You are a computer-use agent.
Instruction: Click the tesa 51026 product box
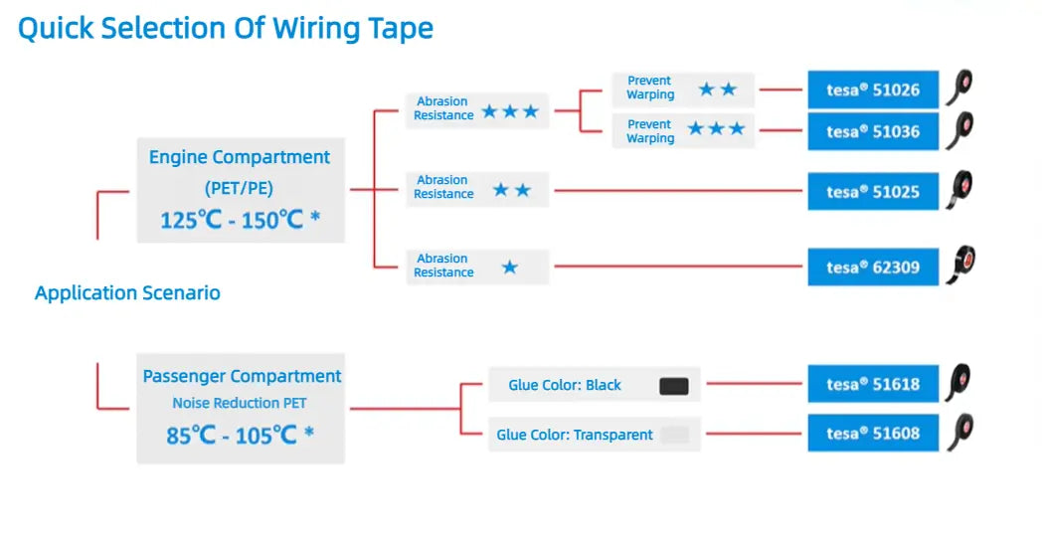[x=873, y=90]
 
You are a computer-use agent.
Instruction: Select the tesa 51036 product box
[x=873, y=131]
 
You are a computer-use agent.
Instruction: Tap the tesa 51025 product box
[x=873, y=192]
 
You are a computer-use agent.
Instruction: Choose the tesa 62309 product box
[x=873, y=268]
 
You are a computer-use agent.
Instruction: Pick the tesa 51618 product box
[x=873, y=384]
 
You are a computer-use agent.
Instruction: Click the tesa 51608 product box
[x=873, y=433]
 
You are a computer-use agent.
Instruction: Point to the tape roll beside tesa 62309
[x=960, y=265]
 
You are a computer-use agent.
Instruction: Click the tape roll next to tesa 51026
[x=959, y=88]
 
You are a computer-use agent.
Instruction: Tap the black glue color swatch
[x=674, y=386]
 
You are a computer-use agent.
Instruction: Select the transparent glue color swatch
[x=675, y=435]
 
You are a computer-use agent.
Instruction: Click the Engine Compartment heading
[x=240, y=157]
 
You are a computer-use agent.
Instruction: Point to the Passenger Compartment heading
[x=242, y=376]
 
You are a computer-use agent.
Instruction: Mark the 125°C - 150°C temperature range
[x=240, y=220]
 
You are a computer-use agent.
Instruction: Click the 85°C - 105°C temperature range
[x=240, y=436]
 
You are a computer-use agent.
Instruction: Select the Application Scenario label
[x=127, y=292]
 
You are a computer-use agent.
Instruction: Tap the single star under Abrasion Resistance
[x=510, y=268]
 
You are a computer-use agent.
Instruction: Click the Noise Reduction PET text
[x=240, y=403]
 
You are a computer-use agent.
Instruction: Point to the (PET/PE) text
[x=240, y=189]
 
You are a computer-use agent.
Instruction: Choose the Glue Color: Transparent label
[x=575, y=435]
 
